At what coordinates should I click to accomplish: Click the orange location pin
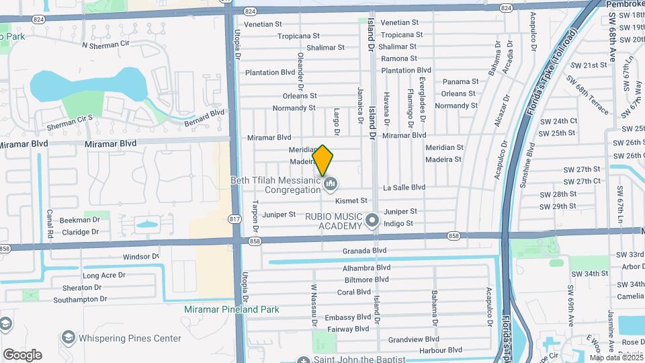click(x=323, y=160)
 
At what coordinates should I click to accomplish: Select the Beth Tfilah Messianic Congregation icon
click(x=330, y=183)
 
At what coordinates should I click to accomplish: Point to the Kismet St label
click(x=351, y=200)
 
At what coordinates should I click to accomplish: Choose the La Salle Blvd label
click(x=404, y=188)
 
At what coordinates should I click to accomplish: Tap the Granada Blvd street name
click(x=365, y=250)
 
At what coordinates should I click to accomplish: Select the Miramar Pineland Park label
click(x=231, y=309)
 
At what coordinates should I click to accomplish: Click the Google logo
click(x=22, y=354)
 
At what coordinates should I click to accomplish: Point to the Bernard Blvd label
click(x=204, y=117)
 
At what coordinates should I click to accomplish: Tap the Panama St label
click(x=460, y=82)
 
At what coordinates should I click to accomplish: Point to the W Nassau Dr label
click(x=314, y=304)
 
